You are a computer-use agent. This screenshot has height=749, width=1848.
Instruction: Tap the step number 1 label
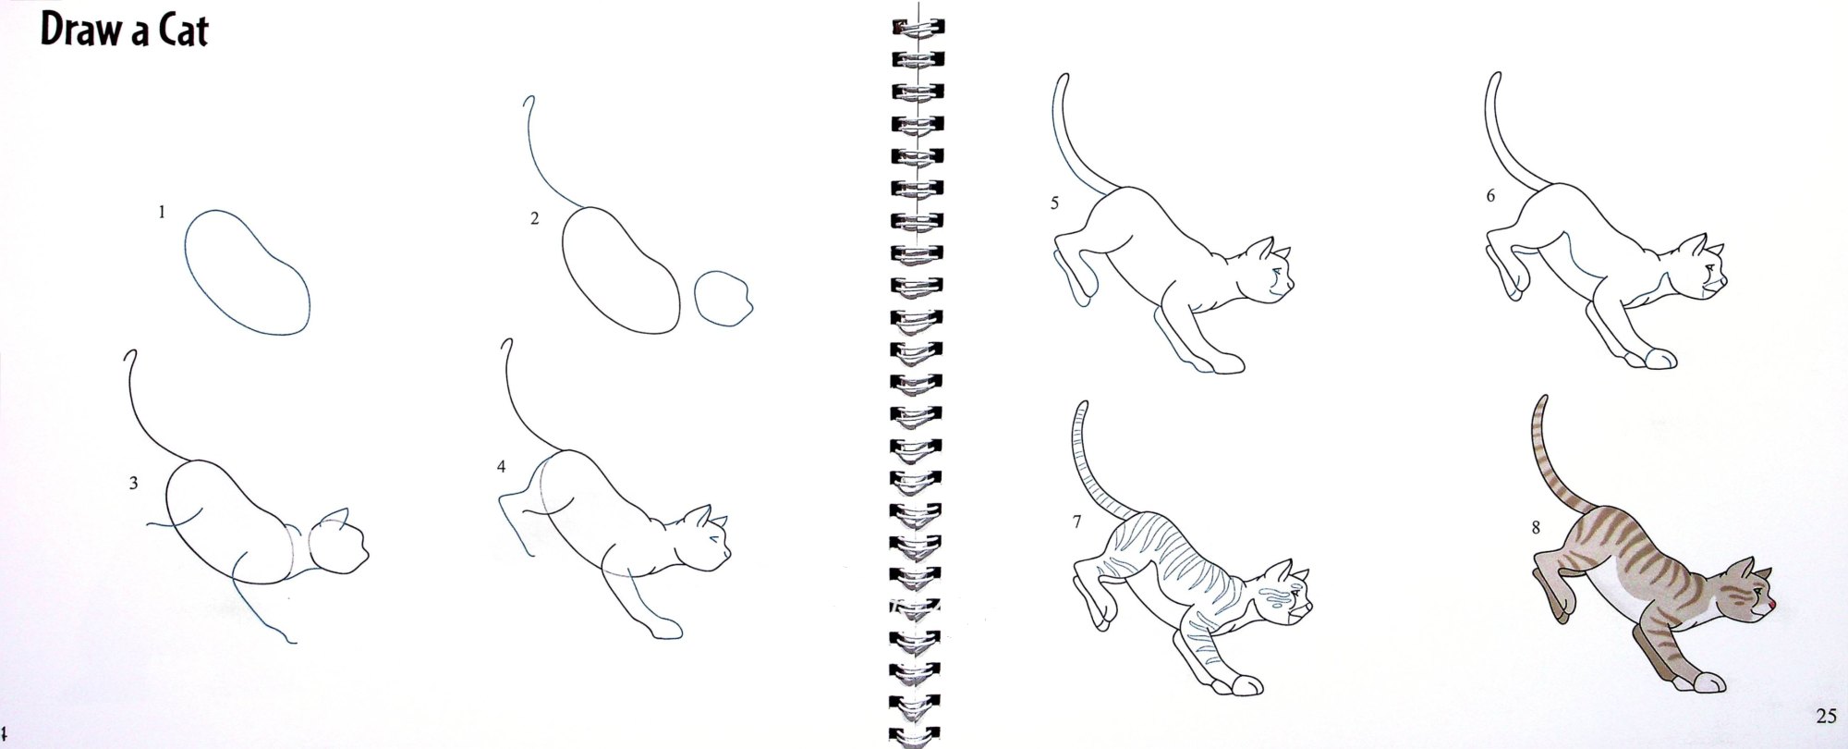(162, 212)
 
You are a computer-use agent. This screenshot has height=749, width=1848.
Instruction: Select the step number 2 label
(534, 219)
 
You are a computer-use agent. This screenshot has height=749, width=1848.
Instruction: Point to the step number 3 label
(134, 483)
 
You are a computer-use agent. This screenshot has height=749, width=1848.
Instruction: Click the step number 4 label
(502, 467)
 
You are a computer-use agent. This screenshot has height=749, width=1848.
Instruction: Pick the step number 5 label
(1054, 203)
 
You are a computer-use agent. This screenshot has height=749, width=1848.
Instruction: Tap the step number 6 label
(1490, 196)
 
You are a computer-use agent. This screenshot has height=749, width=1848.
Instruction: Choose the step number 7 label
(1076, 522)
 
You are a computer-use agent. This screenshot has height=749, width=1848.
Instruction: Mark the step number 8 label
(1536, 528)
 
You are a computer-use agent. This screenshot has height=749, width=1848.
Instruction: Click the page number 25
(1825, 715)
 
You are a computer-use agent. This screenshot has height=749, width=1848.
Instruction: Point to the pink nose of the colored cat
(1770, 606)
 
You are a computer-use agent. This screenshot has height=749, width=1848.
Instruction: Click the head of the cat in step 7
(1286, 598)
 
